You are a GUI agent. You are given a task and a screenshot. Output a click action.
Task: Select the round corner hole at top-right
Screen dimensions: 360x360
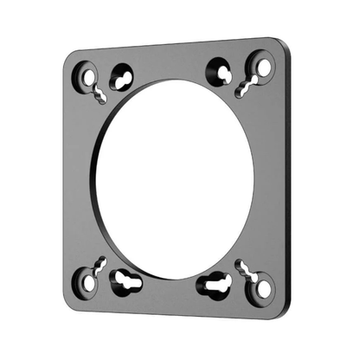[260, 64]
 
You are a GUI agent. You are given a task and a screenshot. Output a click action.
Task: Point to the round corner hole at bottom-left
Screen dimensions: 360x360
[87, 280]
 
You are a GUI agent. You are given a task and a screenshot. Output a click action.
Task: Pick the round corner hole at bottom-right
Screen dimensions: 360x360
[260, 286]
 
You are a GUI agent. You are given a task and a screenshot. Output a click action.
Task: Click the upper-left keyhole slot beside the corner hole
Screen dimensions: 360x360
[122, 79]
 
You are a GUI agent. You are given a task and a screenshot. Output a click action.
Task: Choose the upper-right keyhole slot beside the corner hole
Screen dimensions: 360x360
[217, 69]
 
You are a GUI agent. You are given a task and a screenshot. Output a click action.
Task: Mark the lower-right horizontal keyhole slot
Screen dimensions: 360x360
[213, 284]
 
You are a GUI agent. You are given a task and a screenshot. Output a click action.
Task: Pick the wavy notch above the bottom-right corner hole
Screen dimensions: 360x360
[247, 268]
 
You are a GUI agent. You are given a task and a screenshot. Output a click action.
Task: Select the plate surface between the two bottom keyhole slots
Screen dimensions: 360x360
[170, 290]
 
